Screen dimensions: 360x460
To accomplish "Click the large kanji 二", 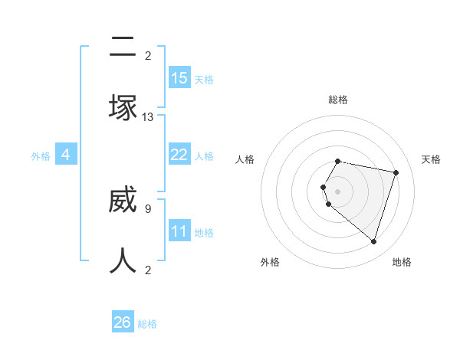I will click(x=123, y=47).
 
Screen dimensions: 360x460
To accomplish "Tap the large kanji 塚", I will click(x=123, y=108).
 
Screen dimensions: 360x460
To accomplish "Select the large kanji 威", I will click(x=123, y=200).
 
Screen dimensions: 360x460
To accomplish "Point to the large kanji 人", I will click(x=123, y=261).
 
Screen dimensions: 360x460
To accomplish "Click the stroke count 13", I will click(x=148, y=117).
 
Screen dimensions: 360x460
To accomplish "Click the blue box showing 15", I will click(x=179, y=78).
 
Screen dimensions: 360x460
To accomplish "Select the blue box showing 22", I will click(x=179, y=155).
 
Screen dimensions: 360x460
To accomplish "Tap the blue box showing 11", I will click(x=179, y=231).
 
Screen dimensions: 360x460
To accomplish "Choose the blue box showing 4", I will click(x=66, y=155).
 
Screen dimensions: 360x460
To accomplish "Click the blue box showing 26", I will click(x=123, y=322).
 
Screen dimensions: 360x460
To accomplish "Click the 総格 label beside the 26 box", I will click(x=147, y=324).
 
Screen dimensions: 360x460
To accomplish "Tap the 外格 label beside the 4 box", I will click(x=41, y=156).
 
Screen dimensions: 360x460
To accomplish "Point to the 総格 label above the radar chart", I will click(x=338, y=100).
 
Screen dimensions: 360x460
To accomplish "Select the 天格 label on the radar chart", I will click(x=431, y=159).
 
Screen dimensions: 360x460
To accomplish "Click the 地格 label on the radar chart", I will click(x=402, y=263).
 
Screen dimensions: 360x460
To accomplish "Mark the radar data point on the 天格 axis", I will click(x=396, y=172).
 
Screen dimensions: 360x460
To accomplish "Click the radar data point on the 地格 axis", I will click(x=373, y=241).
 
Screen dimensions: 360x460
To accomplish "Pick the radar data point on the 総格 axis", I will click(x=338, y=162).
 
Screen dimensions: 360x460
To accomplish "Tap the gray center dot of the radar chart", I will click(x=338, y=191).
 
